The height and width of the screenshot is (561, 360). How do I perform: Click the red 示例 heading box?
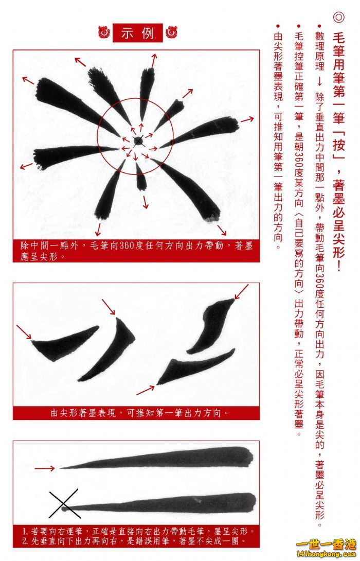tap(138, 33)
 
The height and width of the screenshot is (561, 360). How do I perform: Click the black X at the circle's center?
tap(138, 141)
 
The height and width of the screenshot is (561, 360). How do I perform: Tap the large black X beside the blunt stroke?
tap(64, 504)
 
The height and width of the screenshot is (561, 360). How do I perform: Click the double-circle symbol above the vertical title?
tap(338, 17)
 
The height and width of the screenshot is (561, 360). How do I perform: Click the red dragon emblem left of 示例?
tap(104, 32)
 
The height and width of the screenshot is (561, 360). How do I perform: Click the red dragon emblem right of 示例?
tap(171, 32)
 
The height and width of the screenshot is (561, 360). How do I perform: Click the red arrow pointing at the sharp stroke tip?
tap(45, 468)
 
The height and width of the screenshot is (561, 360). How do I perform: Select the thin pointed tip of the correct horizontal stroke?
tap(61, 468)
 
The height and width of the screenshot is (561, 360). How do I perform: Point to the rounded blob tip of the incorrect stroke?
tap(64, 509)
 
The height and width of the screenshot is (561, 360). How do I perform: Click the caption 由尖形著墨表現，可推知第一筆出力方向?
tap(140, 413)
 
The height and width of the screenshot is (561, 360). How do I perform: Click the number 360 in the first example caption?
tap(126, 246)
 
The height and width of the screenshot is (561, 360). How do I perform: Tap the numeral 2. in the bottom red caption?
tap(25, 541)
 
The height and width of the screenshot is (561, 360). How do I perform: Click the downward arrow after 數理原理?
tap(319, 81)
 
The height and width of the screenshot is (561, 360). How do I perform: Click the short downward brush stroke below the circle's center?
tap(141, 177)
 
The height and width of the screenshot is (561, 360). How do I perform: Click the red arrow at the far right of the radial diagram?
tap(247, 119)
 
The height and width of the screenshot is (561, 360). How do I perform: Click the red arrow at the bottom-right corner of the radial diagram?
tap(222, 230)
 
